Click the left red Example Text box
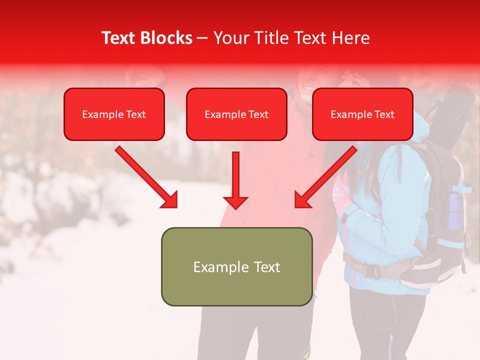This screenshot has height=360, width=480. [114, 114]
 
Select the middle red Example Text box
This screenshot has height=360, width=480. [236, 114]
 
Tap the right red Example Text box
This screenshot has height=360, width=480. [362, 114]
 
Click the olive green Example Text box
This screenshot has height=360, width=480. [236, 266]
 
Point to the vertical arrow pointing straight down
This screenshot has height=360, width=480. [235, 180]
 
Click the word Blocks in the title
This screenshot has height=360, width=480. [166, 38]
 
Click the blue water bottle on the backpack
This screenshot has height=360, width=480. [454, 210]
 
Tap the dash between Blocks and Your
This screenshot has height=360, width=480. [202, 38]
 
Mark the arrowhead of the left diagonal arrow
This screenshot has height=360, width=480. [169, 199]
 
